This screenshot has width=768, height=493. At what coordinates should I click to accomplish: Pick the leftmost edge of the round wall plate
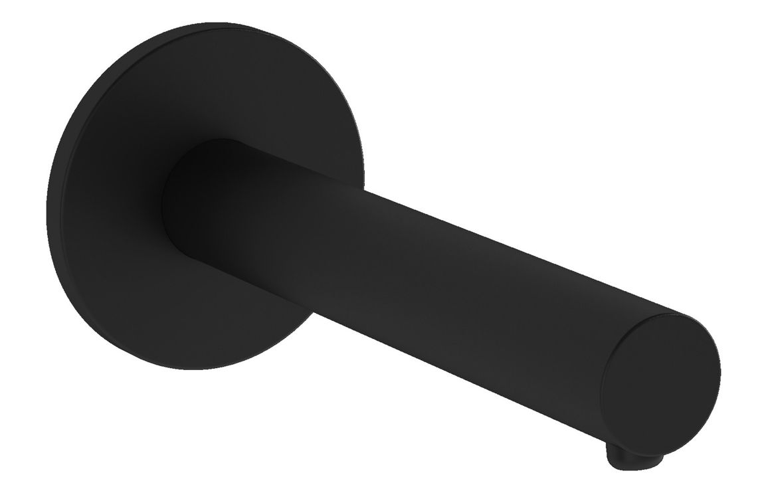click(47, 199)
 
